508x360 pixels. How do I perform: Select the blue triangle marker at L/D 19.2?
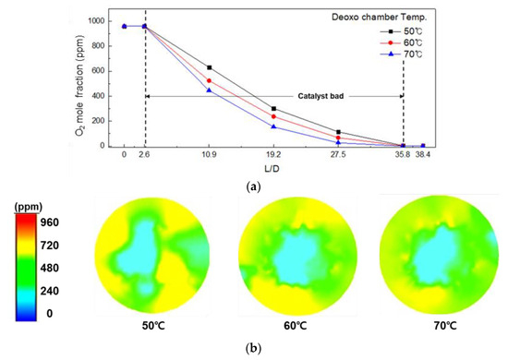tap(274, 126)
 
